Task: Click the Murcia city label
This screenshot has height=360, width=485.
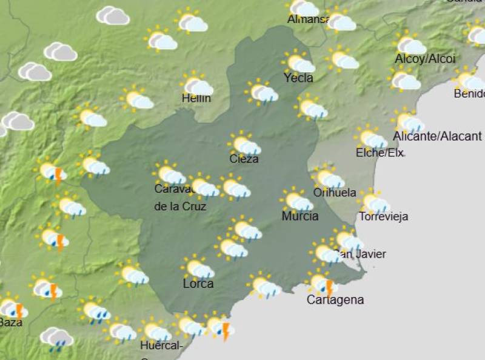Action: (x=299, y=216)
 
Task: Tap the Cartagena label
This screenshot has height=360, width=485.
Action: (x=335, y=299)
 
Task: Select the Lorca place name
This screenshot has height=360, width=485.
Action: (x=198, y=283)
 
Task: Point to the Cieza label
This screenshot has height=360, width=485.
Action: (x=244, y=159)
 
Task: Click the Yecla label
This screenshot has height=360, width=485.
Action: (x=298, y=78)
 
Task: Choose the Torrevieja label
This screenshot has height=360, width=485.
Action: (x=383, y=216)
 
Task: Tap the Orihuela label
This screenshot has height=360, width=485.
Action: (x=335, y=193)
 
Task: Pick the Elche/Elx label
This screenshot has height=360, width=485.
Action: (x=380, y=153)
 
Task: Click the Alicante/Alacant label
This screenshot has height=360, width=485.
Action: (x=437, y=136)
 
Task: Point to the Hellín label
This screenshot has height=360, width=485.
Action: (x=196, y=98)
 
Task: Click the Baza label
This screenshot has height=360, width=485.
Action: (x=11, y=322)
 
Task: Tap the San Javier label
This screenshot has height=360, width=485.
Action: (x=360, y=254)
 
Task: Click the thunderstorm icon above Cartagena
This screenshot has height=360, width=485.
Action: (x=323, y=283)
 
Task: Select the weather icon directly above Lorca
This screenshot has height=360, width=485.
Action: (x=198, y=267)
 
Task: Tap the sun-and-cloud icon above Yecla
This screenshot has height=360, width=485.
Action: (x=298, y=62)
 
